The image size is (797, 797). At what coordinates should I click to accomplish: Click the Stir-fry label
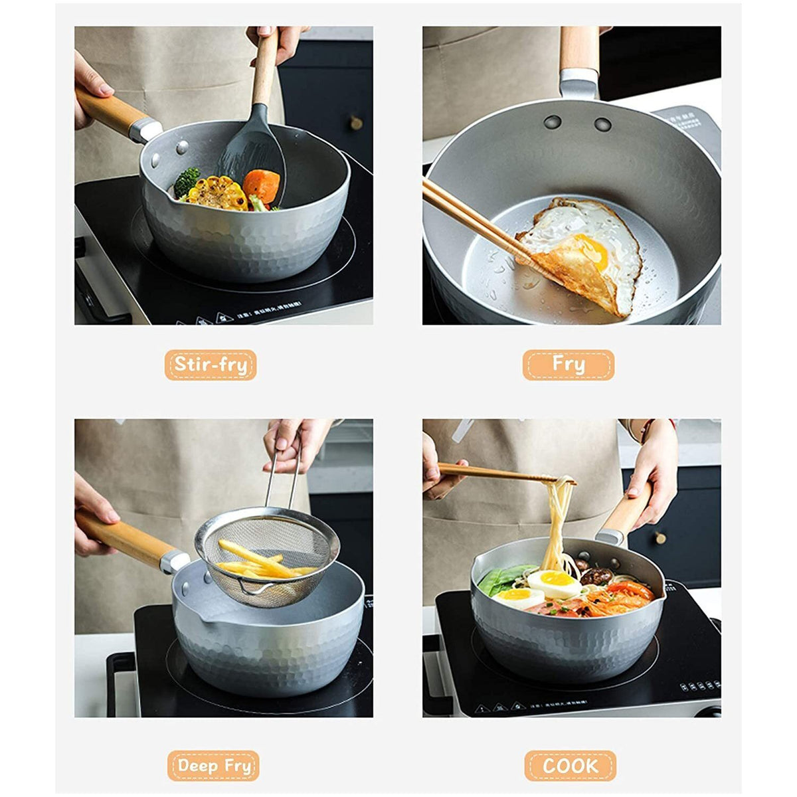[x=211, y=365]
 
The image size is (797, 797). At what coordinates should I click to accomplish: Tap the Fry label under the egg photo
[x=569, y=365]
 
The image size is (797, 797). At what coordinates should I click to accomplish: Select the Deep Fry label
[x=213, y=766]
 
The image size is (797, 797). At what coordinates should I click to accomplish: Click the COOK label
[x=570, y=766]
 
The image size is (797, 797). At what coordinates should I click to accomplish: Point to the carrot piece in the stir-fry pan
[x=261, y=185]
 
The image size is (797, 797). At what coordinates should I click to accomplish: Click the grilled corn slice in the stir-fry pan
[x=217, y=193]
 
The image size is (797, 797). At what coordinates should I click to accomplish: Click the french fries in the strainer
[x=259, y=561]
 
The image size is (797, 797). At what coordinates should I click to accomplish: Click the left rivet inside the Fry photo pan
[x=553, y=122]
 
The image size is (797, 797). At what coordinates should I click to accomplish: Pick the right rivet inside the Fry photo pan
[x=603, y=124]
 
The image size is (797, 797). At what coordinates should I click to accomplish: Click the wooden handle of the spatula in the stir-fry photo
[x=266, y=66]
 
